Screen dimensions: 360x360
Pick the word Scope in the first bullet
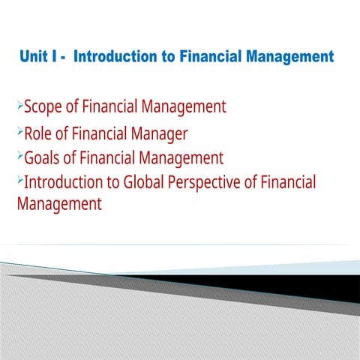point(42,107)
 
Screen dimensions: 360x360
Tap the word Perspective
point(218,182)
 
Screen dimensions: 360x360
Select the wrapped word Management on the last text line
point(59,203)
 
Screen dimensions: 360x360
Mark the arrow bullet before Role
point(20,133)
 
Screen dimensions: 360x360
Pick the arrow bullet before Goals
point(20,157)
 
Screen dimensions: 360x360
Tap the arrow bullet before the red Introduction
point(20,180)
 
